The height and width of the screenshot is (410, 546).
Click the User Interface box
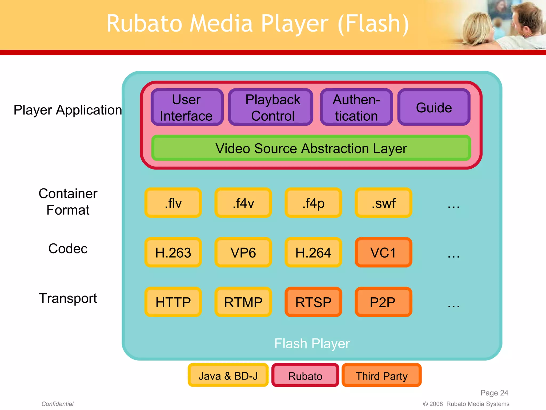point(187,107)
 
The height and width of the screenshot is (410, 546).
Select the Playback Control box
point(271,107)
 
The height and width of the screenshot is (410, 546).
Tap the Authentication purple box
point(356,107)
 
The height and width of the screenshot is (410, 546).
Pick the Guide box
point(434,107)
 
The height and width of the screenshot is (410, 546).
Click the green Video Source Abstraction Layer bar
point(311,148)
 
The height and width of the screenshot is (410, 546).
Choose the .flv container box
point(173,203)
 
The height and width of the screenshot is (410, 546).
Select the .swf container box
point(383,203)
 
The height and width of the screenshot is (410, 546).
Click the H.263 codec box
point(173,253)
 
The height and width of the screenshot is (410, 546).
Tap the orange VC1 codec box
point(383,253)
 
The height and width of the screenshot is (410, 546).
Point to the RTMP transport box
point(243,302)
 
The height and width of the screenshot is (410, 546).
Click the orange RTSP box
point(313,302)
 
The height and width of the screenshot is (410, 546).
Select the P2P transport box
point(383,302)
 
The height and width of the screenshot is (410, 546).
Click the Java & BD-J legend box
point(228,376)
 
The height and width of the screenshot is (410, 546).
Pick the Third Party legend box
point(382,376)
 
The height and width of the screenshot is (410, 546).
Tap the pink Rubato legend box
point(305,376)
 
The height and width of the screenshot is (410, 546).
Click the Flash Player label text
point(312,343)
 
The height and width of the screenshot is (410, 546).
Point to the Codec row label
point(68,249)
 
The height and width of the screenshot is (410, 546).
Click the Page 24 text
point(494,393)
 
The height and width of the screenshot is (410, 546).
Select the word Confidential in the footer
point(57,404)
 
